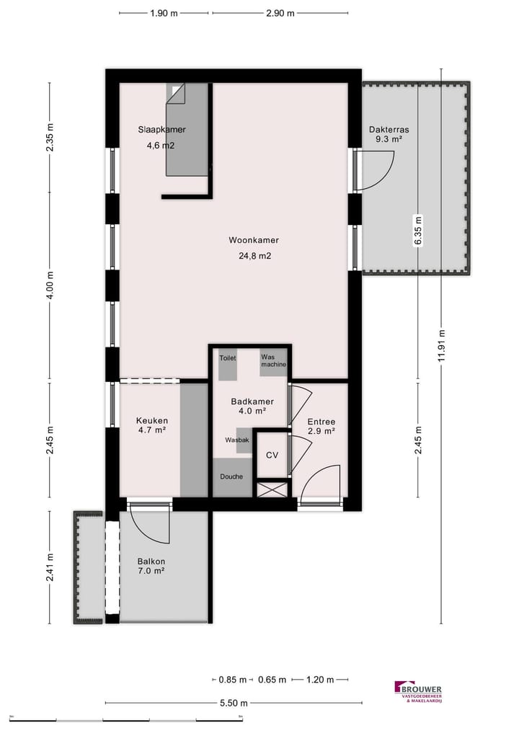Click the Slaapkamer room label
click(162, 130)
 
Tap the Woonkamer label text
click(254, 240)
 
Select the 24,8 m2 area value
click(254, 255)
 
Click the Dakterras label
click(389, 130)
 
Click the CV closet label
click(272, 455)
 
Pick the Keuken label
click(152, 421)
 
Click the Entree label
click(321, 422)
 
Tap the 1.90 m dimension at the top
click(164, 13)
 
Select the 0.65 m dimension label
click(272, 680)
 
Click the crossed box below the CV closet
click(272, 489)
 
